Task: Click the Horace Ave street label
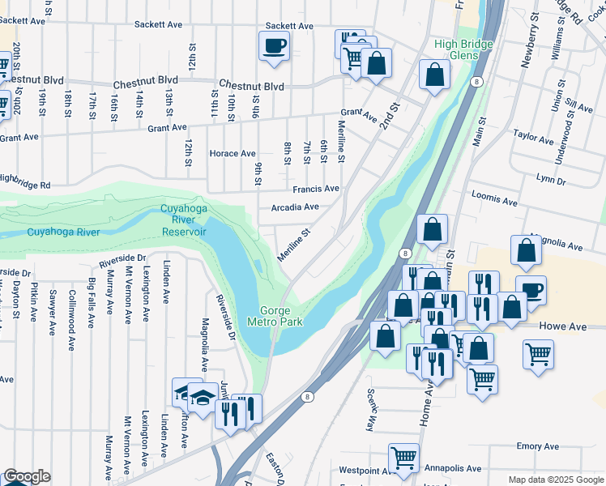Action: click(233, 153)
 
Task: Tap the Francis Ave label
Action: click(316, 188)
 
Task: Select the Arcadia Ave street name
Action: click(295, 207)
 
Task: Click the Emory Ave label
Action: click(538, 446)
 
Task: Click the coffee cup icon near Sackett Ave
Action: click(273, 45)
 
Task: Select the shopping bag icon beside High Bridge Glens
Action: click(435, 75)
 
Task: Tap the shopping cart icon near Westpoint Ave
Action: click(403, 458)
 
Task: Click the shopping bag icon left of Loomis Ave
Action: click(433, 229)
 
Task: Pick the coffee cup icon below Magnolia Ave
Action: click(531, 290)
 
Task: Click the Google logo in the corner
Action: click(27, 477)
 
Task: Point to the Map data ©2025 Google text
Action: click(555, 480)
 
